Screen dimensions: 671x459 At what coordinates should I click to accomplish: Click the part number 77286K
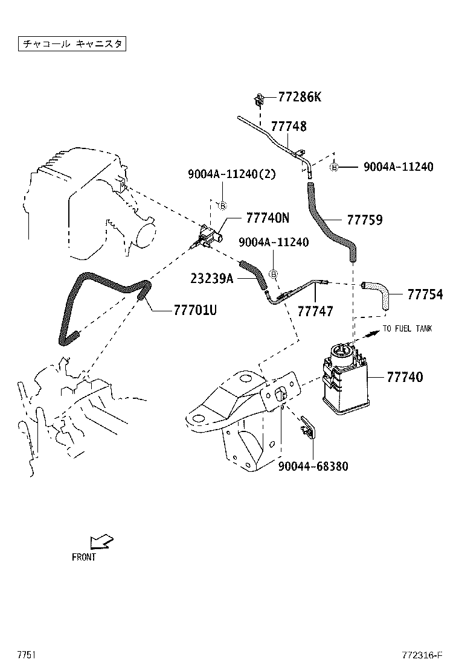click(300, 97)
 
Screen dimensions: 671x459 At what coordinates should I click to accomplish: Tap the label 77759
click(364, 220)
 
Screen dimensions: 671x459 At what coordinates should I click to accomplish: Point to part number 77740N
click(268, 218)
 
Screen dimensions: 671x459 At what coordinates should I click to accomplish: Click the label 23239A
click(212, 278)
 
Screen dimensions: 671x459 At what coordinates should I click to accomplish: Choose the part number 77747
click(315, 311)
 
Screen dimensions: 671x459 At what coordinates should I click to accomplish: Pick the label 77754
click(425, 294)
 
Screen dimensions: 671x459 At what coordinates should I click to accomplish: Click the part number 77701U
click(194, 310)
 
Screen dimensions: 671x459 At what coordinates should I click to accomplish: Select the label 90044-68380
click(313, 466)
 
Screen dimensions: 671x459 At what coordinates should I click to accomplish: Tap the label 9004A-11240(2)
click(231, 175)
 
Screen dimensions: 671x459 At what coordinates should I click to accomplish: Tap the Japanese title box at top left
click(71, 44)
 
